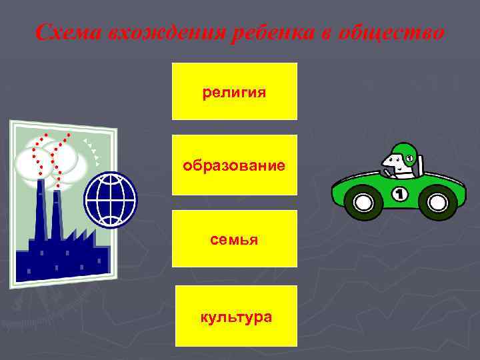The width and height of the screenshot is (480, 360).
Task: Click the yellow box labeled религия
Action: pyautogui.click(x=234, y=91)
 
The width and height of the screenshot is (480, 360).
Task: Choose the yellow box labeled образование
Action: pyautogui.click(x=234, y=165)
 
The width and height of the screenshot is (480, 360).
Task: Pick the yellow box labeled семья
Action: pyautogui.click(x=234, y=238)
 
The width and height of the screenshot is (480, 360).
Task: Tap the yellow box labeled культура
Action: pyautogui.click(x=236, y=316)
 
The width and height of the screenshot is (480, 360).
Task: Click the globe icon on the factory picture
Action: pyautogui.click(x=110, y=200)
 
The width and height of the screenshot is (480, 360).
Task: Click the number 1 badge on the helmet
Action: pyautogui.click(x=409, y=158)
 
